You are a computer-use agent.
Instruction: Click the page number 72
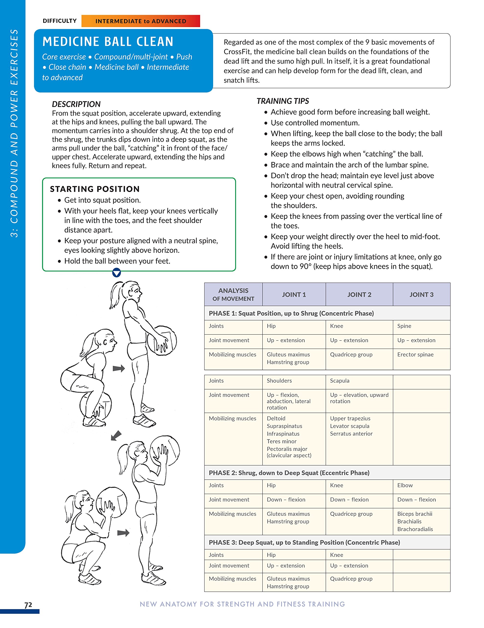(x=28, y=605)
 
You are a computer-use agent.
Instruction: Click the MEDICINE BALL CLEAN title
(x=108, y=42)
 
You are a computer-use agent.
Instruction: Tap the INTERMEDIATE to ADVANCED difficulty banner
(x=141, y=21)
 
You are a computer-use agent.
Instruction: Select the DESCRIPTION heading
(x=76, y=104)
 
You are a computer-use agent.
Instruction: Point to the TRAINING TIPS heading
(x=282, y=101)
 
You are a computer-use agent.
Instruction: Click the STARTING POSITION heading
(x=95, y=189)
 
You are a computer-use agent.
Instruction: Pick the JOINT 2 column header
(x=359, y=294)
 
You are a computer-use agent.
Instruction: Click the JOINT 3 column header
(x=421, y=294)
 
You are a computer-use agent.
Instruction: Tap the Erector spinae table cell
(x=415, y=354)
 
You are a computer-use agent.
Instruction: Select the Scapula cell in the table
(x=339, y=381)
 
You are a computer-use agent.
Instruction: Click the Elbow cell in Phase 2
(x=405, y=485)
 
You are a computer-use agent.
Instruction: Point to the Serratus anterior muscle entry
(x=351, y=434)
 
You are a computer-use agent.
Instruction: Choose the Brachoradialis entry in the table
(x=415, y=529)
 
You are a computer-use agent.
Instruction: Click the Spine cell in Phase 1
(x=404, y=326)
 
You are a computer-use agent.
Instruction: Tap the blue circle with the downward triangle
(x=116, y=272)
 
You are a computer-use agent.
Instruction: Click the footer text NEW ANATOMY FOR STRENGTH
(x=242, y=604)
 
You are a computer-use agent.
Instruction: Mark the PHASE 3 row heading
(x=304, y=542)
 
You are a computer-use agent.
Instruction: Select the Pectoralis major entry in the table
(x=287, y=449)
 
